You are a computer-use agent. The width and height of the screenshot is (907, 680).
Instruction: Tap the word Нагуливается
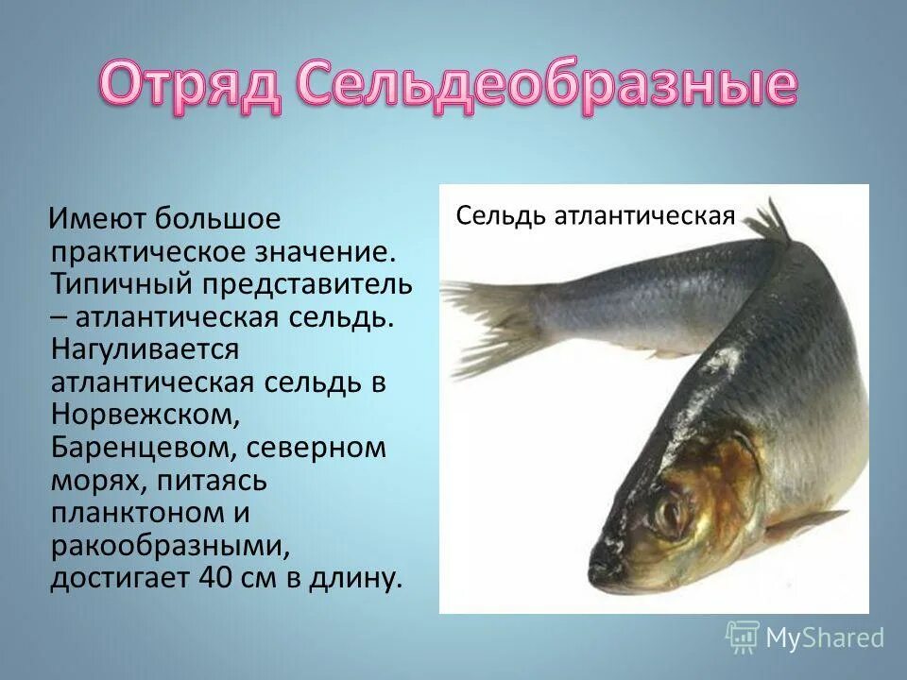tap(145, 348)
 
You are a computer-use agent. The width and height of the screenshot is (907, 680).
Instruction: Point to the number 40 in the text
tap(213, 577)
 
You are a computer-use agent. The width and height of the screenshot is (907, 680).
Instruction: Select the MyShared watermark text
tap(824, 638)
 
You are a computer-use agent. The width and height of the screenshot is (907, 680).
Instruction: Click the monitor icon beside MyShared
tap(743, 637)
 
